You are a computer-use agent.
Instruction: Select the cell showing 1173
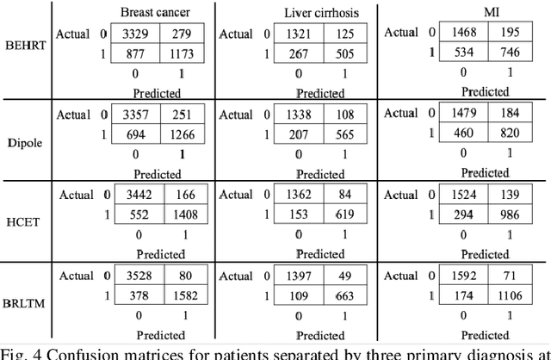tap(179, 53)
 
